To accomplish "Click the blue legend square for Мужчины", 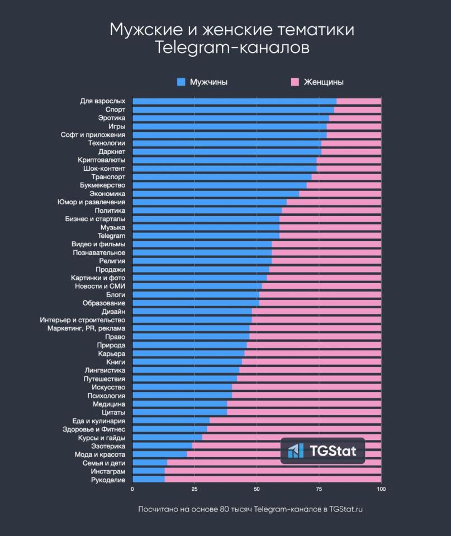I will coord(181,82).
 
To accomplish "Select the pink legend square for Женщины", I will coord(295,82).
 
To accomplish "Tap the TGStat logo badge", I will coord(322,451).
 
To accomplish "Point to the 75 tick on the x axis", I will coord(319,490).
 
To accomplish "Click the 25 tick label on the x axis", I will coord(194,490).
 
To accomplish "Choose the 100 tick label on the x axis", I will coord(381,490).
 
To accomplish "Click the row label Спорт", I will coord(115,109).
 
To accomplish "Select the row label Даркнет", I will coord(112,151).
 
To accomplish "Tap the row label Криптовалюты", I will coord(102,160).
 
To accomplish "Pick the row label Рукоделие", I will coord(108,480).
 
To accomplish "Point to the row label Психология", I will coord(106,395).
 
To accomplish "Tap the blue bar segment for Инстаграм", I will coord(148,471).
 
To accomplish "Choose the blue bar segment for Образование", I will coord(196,303).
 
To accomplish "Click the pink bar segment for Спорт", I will coord(358,109).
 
